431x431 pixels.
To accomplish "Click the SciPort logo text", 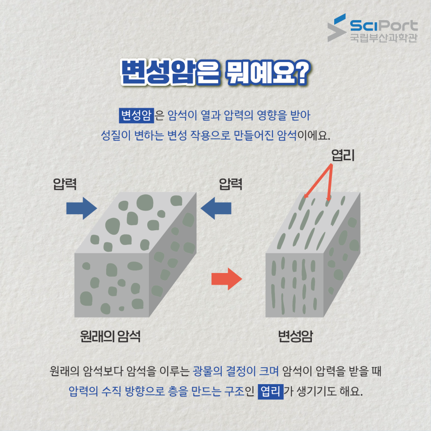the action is pyautogui.click(x=384, y=25).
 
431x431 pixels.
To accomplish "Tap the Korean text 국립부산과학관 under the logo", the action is pyautogui.click(x=383, y=37).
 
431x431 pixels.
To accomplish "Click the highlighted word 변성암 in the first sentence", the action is pyautogui.click(x=136, y=115).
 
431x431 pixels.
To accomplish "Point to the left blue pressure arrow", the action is pyautogui.click(x=81, y=208).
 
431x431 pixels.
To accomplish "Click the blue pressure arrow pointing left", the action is pyautogui.click(x=216, y=208).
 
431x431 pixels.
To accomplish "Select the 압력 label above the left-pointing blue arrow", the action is pyautogui.click(x=231, y=184).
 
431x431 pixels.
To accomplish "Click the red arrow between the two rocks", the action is pyautogui.click(x=226, y=279).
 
